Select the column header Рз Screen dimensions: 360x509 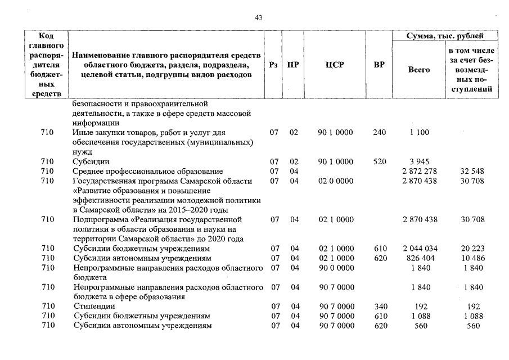tap(274, 65)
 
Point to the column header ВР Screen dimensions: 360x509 tap(379, 65)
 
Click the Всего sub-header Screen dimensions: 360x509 tap(418, 70)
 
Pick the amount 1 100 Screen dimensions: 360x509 tap(420, 133)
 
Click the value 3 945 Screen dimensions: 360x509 tap(420, 161)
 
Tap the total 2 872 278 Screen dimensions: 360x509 tap(420, 171)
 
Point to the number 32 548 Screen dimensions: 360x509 tap(472, 171)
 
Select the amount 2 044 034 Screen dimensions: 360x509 tap(420, 249)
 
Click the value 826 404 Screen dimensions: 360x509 tap(420, 258)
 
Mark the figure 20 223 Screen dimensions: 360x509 tap(472, 249)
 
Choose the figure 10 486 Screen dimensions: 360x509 tap(472, 258)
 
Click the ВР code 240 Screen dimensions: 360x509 tap(380, 133)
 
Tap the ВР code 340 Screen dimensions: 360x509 tap(380, 307)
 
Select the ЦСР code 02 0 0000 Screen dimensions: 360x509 tap(336, 181)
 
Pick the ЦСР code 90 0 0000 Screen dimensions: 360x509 tap(336, 268)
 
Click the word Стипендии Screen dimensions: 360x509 tap(91, 307)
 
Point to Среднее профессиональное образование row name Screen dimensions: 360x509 tap(148, 171)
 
